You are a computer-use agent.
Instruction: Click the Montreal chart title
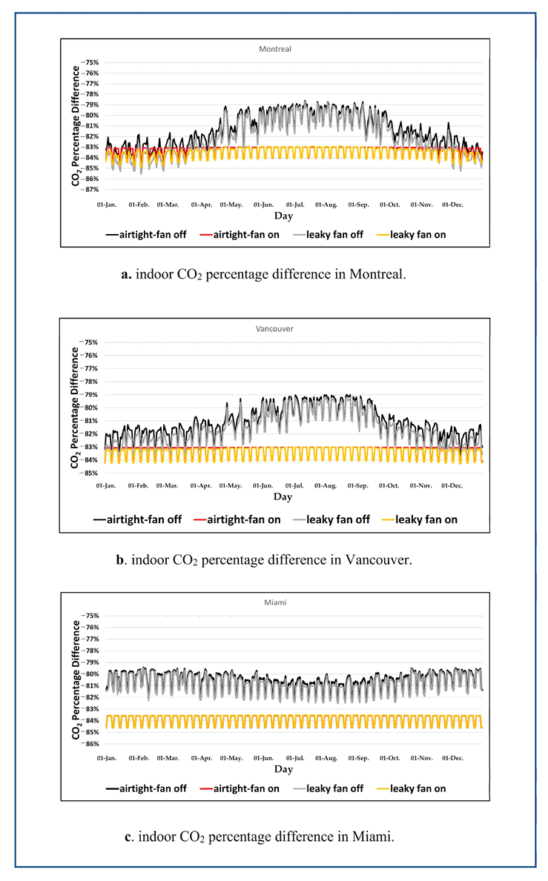tap(274, 49)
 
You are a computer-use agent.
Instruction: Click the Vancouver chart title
tap(274, 328)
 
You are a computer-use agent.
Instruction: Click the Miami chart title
tap(274, 602)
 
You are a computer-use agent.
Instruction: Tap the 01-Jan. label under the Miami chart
tap(106, 758)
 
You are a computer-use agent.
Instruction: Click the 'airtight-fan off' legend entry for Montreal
tap(148, 235)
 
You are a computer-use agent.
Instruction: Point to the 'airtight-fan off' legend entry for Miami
tap(146, 788)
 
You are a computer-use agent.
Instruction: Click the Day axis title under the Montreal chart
tap(283, 216)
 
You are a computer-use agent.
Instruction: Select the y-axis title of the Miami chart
tap(76, 680)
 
